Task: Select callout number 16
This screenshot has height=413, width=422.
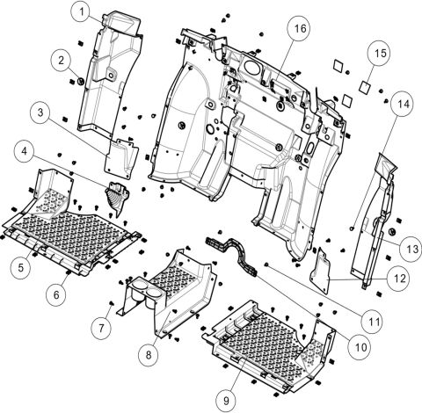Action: [300, 29]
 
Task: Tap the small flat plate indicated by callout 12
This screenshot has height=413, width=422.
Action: [326, 267]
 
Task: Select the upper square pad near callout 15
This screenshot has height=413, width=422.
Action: [339, 66]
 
